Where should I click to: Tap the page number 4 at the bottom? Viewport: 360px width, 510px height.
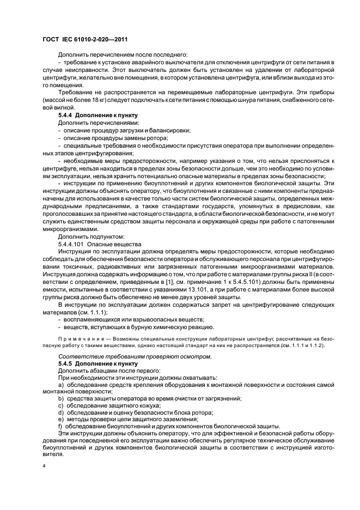tap(45, 466)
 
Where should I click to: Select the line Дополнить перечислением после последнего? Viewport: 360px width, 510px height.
tap(122, 54)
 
